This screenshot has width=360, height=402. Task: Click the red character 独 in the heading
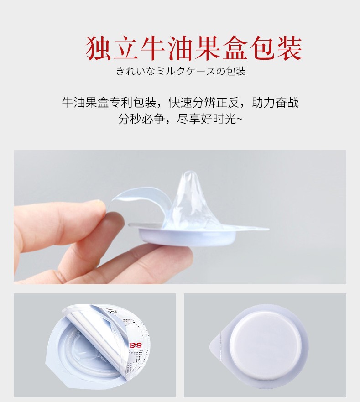click(x=98, y=48)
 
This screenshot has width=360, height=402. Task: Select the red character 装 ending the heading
click(x=289, y=48)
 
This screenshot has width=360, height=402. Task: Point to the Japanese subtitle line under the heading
click(x=181, y=71)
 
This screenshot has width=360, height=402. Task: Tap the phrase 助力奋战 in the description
click(x=275, y=103)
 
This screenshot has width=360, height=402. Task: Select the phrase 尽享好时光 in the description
click(x=206, y=119)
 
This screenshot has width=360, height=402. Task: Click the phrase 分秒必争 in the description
click(x=141, y=119)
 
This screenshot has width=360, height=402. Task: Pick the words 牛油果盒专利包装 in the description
click(x=109, y=103)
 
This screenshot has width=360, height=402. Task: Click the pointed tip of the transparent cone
click(x=189, y=171)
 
